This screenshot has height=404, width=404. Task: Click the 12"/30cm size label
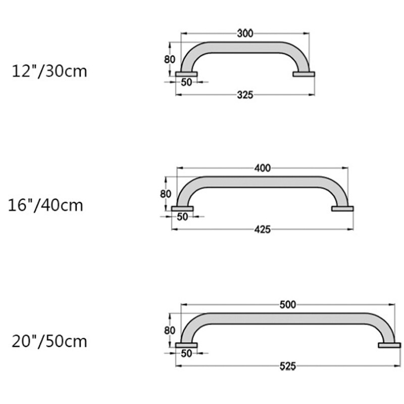49,71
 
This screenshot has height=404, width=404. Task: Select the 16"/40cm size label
46,206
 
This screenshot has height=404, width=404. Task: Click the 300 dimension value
245,33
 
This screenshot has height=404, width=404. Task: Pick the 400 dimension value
263,168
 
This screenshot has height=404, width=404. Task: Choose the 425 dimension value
263,229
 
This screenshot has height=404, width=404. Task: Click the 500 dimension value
288,304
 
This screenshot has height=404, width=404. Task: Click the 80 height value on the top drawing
170,59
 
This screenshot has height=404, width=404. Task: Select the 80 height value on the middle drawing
166,194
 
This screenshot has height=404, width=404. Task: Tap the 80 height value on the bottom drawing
170,330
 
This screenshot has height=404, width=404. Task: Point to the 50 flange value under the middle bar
182,217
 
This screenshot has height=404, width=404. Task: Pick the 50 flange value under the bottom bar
186,353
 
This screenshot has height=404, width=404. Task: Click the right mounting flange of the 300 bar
304,74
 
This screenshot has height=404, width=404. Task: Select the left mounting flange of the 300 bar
186,75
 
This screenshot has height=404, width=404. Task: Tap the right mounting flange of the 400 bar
342,209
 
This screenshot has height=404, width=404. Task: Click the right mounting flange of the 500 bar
389,345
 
